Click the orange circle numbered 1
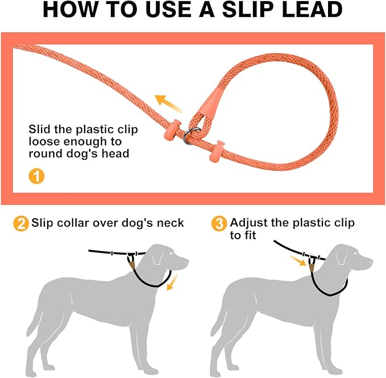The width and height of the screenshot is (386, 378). [36, 176]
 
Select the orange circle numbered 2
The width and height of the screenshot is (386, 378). [20, 223]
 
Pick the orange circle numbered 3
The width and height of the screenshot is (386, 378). [219, 223]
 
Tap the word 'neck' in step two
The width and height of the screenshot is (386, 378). [170, 223]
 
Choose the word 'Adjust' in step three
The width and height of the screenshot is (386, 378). [250, 222]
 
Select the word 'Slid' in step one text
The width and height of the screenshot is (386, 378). [40, 130]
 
